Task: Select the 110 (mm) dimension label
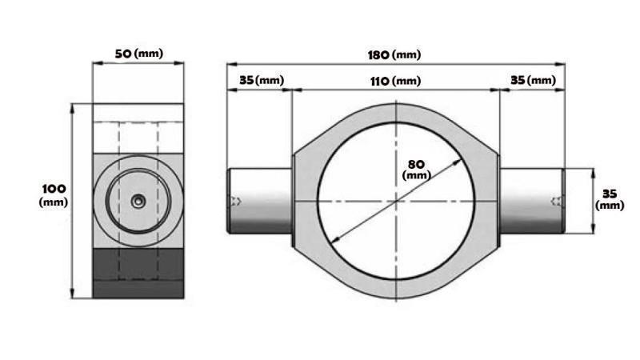[x=395, y=81]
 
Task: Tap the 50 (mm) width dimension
[x=138, y=54]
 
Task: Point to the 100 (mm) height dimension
[x=54, y=194]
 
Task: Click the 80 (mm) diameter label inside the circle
[x=416, y=168]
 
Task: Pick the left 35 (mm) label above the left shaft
[x=261, y=81]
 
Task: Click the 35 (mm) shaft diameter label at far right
[x=610, y=199]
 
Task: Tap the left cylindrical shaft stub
[x=261, y=200]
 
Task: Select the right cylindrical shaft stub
[x=532, y=200]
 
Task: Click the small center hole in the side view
[x=138, y=202]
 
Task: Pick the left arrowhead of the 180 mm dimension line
[x=230, y=63]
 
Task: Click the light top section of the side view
[x=138, y=128]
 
